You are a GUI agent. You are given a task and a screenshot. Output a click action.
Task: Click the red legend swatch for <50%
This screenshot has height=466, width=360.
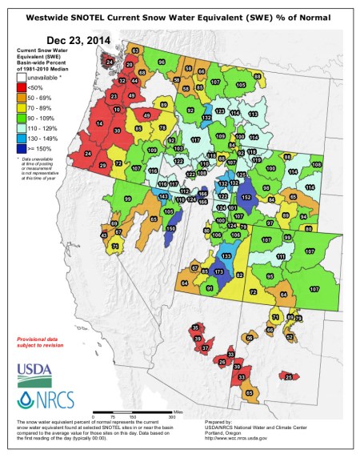(22, 87)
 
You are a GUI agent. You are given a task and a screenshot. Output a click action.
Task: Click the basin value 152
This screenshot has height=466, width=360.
(246, 197)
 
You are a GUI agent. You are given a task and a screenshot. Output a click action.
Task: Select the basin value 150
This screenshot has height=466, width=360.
(170, 229)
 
